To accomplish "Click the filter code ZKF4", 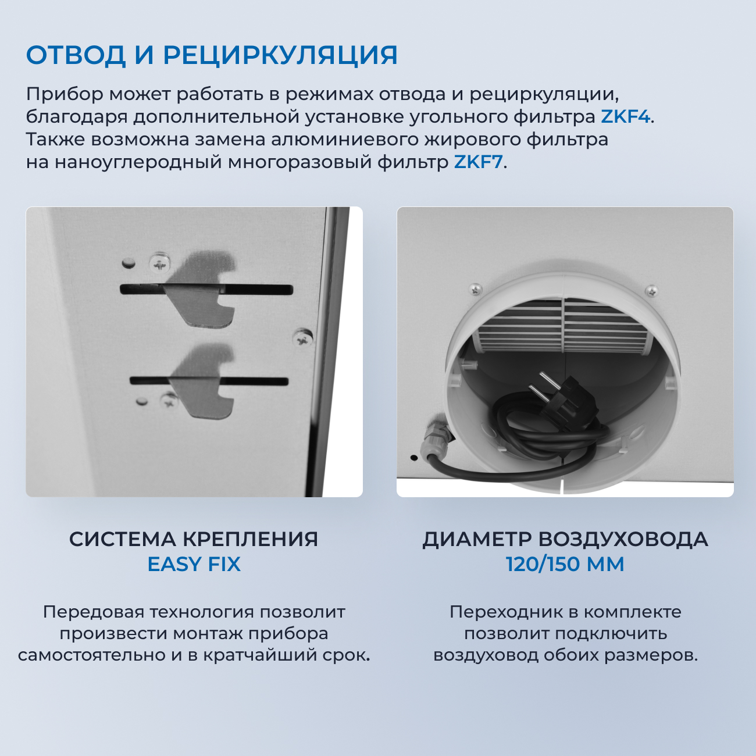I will [x=625, y=117].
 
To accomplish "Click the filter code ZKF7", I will [x=478, y=162].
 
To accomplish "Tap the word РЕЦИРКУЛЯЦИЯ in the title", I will [x=280, y=55].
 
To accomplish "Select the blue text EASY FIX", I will [x=194, y=564].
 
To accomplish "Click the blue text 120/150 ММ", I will [x=565, y=564].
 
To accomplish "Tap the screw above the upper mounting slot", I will [x=159, y=263].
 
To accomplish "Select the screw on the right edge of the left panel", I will [x=302, y=338].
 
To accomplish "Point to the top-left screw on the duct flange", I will [x=476, y=288].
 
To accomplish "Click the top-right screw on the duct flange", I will [x=651, y=290].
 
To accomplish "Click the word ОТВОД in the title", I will [x=76, y=55].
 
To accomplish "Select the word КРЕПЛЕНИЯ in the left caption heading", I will [x=250, y=539].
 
